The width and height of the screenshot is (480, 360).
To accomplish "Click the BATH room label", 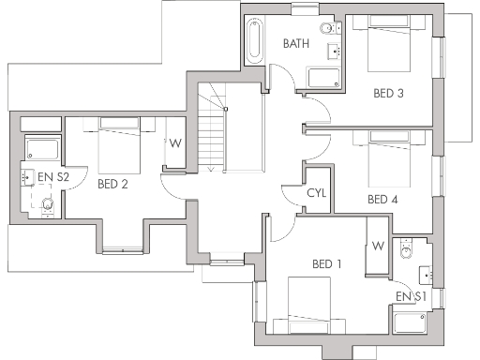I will pyautogui.click(x=296, y=43).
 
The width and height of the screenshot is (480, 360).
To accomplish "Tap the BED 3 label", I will pyautogui.click(x=388, y=93).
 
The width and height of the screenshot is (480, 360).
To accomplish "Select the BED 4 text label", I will pyautogui.click(x=382, y=199).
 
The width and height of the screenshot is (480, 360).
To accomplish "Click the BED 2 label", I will pyautogui.click(x=112, y=184).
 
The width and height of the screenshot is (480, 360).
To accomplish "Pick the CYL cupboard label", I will pyautogui.click(x=317, y=193).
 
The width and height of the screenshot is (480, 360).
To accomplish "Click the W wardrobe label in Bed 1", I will pyautogui.click(x=378, y=246).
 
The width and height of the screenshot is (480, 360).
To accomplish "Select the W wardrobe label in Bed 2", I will pyautogui.click(x=174, y=143).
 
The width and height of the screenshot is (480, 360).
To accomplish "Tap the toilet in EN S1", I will pyautogui.click(x=406, y=248).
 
